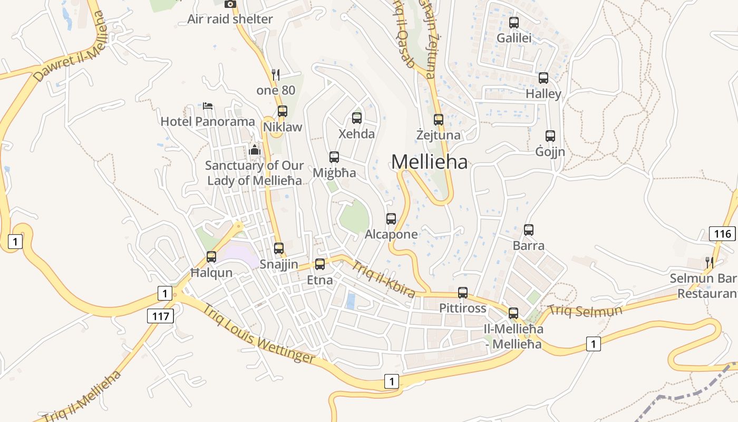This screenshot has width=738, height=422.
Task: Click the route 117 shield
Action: click(160, 316)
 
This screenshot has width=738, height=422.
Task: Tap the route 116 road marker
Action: click(722, 234)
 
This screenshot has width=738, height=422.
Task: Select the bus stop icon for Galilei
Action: click(514, 23)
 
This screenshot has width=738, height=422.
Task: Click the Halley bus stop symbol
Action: click(543, 78)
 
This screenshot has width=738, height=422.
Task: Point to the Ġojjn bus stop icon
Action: click(550, 136)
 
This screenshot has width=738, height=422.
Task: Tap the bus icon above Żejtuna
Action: click(439, 120)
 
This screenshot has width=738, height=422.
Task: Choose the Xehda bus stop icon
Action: click(357, 118)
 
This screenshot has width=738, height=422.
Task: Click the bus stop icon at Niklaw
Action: click(283, 111)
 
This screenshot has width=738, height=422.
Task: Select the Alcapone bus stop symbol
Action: click(391, 219)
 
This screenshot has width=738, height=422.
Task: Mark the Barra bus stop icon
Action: click(529, 230)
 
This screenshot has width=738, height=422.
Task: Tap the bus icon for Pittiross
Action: click(463, 293)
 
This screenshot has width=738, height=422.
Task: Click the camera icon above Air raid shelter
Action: click(230, 4)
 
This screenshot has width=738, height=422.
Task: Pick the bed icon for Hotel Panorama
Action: click(208, 106)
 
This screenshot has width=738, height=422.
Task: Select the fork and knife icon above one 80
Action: click(275, 74)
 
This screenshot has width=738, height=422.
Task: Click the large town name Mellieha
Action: click(429, 162)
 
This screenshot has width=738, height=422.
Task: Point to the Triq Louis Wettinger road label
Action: click(259, 334)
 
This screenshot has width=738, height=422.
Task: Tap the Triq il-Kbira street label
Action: click(383, 279)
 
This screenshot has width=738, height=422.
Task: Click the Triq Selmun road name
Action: click(585, 311)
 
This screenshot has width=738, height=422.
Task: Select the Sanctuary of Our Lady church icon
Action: click(255, 150)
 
